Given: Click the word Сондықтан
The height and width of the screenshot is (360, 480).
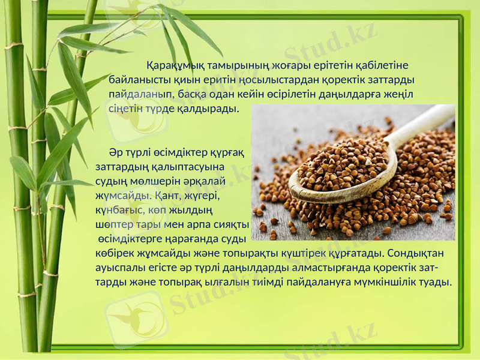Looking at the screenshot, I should tap(413, 253).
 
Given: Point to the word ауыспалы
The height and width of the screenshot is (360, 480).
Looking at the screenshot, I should tap(119, 268).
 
